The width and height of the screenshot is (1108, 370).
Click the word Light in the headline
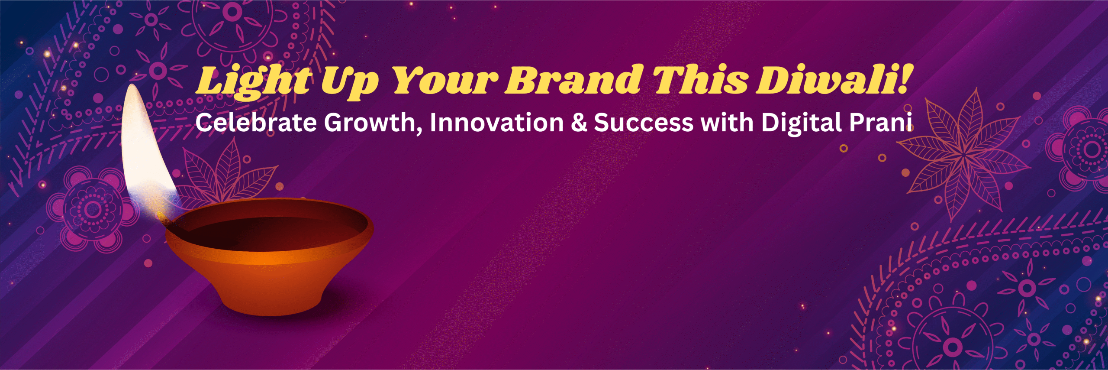point(253,81)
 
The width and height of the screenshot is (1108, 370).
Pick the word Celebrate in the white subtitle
point(256,123)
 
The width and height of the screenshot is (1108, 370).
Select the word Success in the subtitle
point(644,123)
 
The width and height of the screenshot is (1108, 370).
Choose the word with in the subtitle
point(727,123)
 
